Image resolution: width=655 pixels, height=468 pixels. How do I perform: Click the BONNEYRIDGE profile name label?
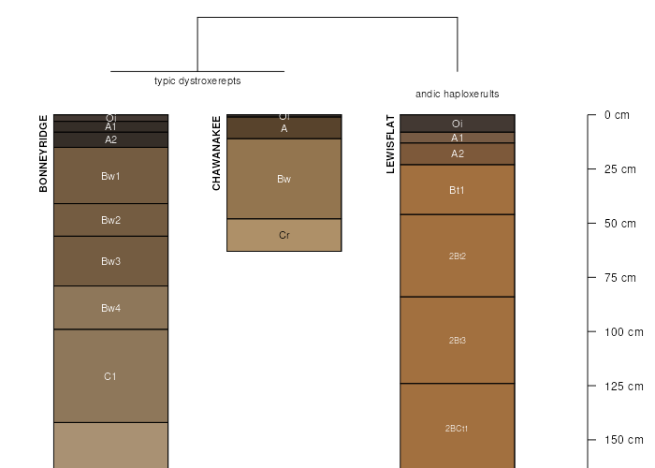point(43,154)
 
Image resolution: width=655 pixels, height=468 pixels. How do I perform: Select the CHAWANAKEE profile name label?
point(216,154)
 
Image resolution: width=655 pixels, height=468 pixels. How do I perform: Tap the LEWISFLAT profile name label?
point(390,144)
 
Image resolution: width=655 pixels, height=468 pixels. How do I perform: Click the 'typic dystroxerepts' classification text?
point(197,81)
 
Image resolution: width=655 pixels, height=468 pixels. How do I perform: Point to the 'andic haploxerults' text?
point(458,95)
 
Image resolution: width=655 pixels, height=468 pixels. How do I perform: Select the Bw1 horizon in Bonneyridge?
point(110,176)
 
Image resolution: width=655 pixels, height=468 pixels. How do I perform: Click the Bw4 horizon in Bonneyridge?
point(110,308)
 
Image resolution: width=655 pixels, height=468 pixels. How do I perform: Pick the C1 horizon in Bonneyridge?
point(110,376)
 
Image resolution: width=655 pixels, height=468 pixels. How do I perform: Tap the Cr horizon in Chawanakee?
point(284,235)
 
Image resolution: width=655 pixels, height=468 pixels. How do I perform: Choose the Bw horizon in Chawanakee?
point(284,179)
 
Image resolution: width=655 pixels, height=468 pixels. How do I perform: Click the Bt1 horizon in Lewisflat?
point(458,190)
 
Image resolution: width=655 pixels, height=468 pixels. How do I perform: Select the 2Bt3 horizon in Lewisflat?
point(458,340)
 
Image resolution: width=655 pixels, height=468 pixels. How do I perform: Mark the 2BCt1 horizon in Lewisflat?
point(458,429)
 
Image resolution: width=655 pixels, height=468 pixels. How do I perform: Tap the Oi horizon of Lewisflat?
point(458,124)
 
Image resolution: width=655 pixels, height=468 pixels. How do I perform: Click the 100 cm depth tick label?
point(623,332)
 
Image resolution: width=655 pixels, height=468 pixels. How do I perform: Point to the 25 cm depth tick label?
point(620,169)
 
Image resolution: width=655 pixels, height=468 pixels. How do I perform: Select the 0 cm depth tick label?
point(617,115)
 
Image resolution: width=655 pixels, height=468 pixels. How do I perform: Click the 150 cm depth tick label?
point(623,440)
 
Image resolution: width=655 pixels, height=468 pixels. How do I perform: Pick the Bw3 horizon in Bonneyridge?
point(110,261)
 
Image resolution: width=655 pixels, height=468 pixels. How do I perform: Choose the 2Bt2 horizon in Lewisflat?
point(458,256)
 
